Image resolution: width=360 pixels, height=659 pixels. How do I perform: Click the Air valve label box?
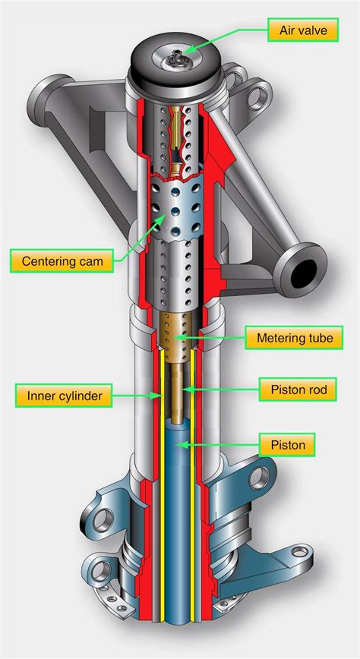tap(303, 30)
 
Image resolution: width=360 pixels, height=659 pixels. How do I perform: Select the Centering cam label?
tap(62, 261)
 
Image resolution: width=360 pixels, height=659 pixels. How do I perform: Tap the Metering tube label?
tap(295, 338)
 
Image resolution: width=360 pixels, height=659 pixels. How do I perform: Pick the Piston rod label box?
tap(298, 389)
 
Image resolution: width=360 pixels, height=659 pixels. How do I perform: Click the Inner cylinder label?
tap(64, 396)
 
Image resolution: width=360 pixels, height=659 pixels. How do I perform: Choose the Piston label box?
tap(287, 445)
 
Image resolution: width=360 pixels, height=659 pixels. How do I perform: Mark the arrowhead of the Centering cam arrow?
tap(163, 218)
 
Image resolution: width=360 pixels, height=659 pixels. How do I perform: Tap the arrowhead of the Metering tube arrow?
tap(178, 337)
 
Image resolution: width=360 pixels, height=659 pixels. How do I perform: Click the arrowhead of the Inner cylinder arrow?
tap(158, 395)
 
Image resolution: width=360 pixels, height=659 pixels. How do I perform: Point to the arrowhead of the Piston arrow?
tap(178, 445)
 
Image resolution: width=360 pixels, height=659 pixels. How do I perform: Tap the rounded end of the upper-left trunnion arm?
tap(47, 100)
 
